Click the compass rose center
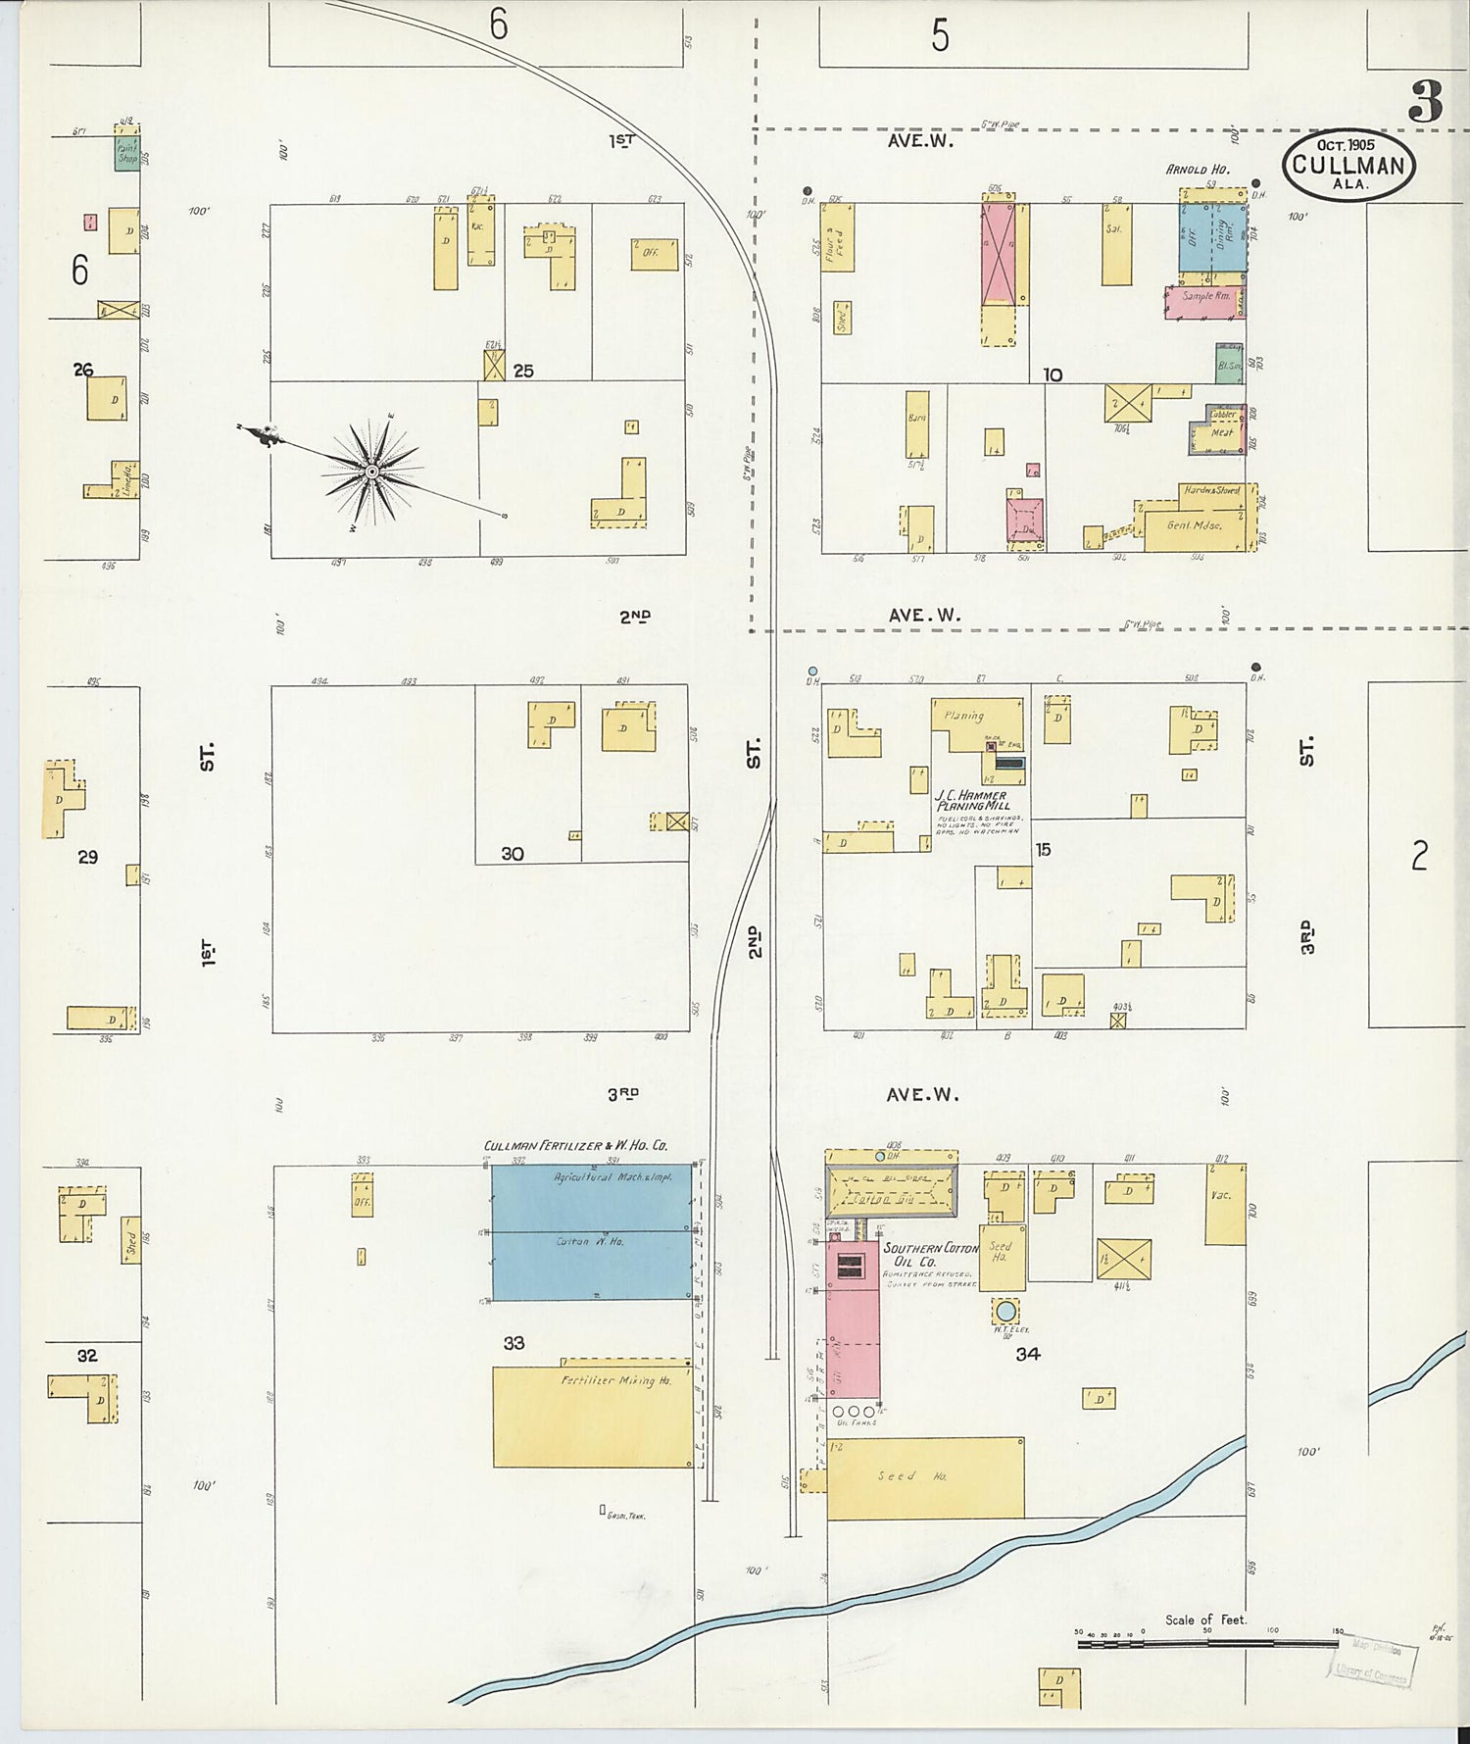point(372,472)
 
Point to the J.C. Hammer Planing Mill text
point(972,801)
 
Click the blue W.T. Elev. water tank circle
point(1005,1310)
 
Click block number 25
point(523,371)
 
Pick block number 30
point(512,854)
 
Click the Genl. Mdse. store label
point(1193,526)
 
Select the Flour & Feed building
point(837,237)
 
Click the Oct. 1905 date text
point(1345,145)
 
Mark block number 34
point(1027,1354)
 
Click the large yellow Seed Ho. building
point(924,1478)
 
